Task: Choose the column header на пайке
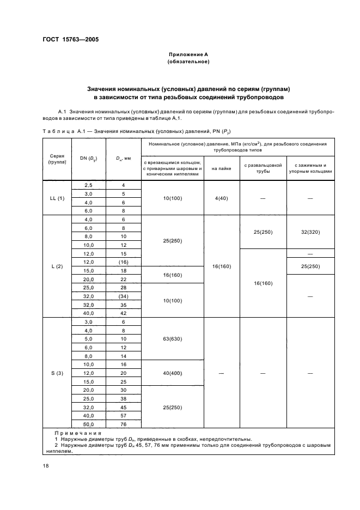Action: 222,168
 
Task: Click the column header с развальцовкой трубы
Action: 263,168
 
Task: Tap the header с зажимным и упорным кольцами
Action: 310,168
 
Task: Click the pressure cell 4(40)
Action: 222,198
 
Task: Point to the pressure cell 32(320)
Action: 310,232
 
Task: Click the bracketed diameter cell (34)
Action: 123,296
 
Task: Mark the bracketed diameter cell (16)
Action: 123,262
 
